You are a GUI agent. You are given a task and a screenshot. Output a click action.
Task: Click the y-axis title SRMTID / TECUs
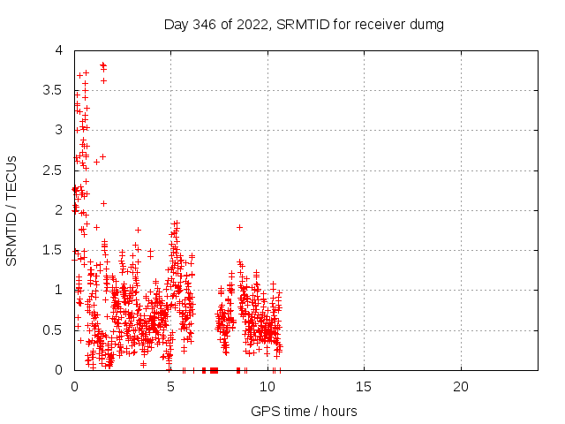(12, 211)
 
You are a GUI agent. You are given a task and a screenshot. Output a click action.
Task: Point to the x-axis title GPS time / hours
(304, 411)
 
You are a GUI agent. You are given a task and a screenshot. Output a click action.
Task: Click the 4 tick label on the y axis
(58, 51)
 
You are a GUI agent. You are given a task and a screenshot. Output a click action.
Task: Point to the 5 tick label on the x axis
(170, 387)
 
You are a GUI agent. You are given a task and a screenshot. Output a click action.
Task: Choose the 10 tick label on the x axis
(267, 387)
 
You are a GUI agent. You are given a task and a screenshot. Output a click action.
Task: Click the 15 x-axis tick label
(364, 387)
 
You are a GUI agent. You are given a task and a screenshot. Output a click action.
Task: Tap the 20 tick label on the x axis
(461, 387)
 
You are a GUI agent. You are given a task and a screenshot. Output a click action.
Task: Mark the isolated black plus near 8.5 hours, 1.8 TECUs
(239, 227)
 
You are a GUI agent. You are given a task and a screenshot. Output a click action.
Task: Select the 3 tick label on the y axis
(58, 131)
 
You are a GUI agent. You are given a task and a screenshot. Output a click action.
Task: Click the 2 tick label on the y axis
(58, 210)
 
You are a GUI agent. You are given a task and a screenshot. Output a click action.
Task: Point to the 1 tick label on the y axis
(58, 290)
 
